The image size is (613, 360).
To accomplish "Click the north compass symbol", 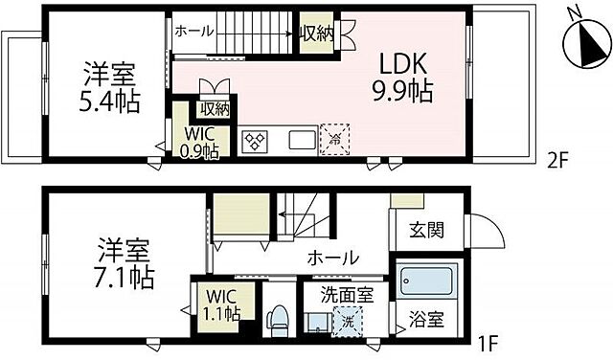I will (582, 41).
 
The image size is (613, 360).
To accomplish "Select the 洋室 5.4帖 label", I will (107, 86).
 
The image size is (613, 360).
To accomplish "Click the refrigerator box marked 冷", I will (335, 138).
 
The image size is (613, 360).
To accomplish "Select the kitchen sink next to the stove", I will (301, 140).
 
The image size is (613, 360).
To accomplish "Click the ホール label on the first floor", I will (332, 258).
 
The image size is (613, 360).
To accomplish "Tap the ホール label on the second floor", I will (194, 32).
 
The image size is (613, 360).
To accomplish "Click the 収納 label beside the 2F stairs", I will (315, 35).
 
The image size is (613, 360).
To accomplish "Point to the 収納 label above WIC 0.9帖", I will (215, 108).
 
